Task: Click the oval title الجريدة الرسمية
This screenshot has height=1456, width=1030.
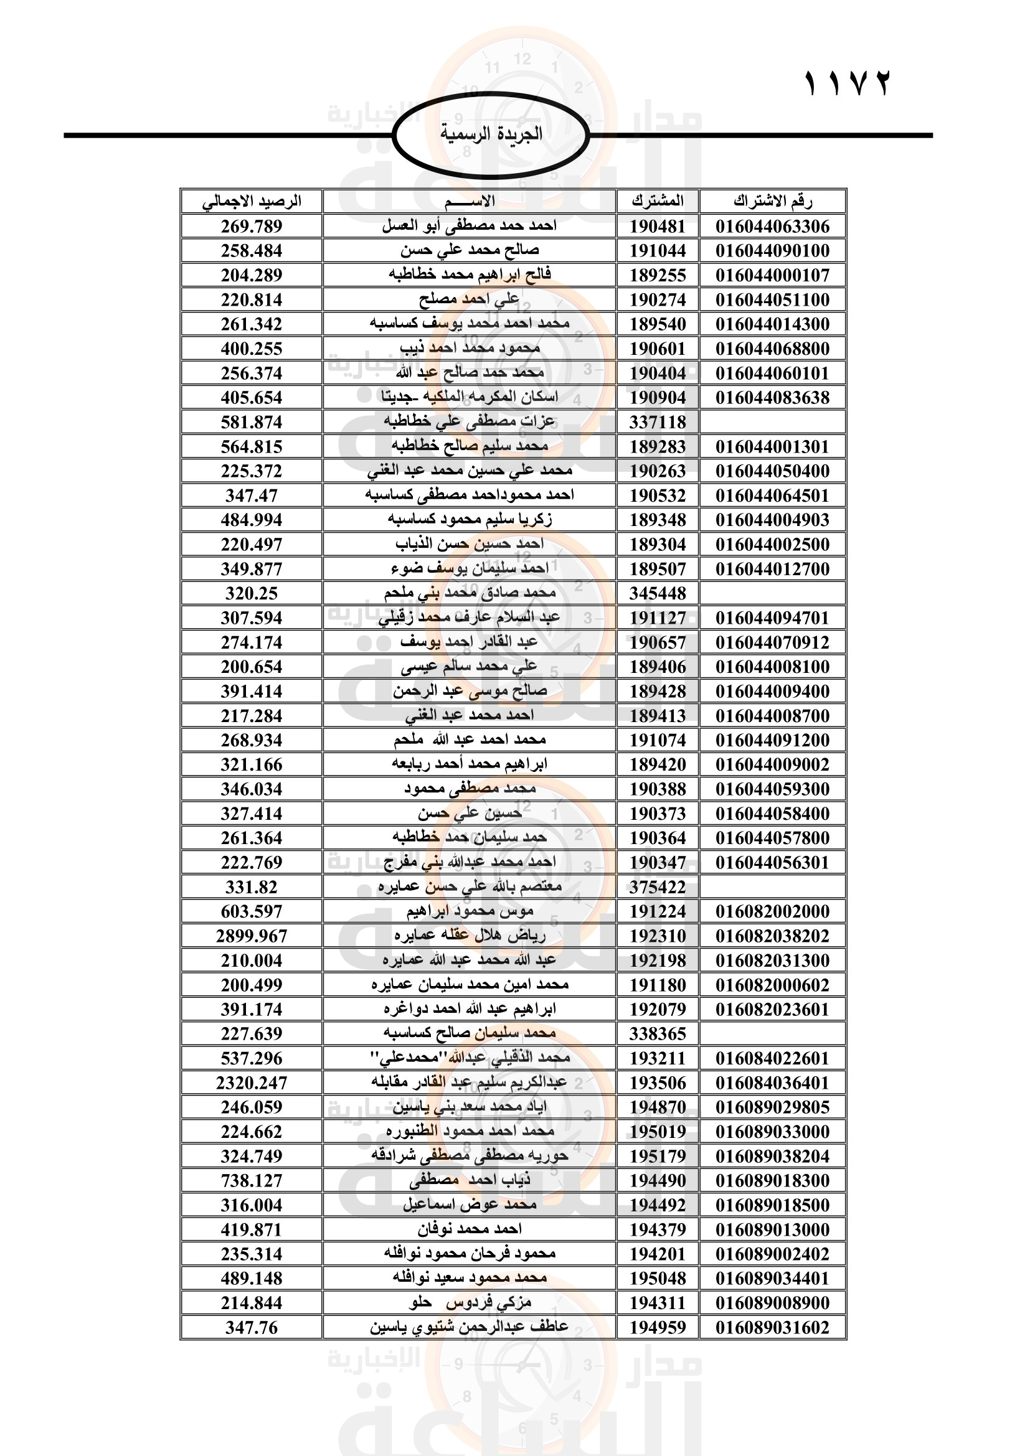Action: click(x=491, y=134)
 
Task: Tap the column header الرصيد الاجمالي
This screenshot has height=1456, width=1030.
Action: click(x=251, y=202)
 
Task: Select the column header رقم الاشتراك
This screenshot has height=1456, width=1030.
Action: click(x=772, y=202)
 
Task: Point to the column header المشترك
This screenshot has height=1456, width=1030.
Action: click(x=658, y=202)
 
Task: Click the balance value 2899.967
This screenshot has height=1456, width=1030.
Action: click(x=251, y=936)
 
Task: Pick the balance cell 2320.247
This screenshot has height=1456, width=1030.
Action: click(x=251, y=1083)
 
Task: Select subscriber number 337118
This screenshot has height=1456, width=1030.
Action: click(x=658, y=422)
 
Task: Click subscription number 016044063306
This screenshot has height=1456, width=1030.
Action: click(x=772, y=227)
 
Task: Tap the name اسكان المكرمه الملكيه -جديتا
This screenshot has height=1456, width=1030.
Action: click(x=470, y=398)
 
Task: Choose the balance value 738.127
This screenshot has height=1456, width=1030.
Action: click(x=251, y=1181)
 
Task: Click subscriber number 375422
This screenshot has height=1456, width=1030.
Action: click(x=658, y=887)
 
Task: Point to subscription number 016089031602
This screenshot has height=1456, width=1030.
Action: click(x=772, y=1327)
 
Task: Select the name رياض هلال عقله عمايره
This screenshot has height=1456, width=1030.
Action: click(x=470, y=936)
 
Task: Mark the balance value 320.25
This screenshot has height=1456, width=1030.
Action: click(x=251, y=594)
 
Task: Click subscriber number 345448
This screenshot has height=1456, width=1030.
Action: click(x=658, y=594)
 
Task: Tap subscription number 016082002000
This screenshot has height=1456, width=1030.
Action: click(x=772, y=912)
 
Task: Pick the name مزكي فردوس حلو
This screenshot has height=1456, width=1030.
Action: click(x=470, y=1303)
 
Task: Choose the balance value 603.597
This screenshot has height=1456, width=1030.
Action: click(x=251, y=912)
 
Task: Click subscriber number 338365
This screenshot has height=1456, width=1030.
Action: click(x=658, y=1035)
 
